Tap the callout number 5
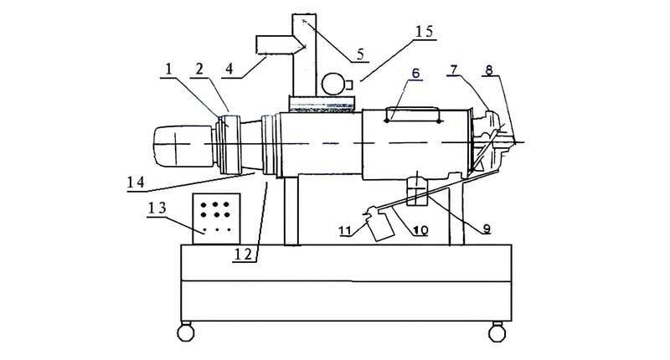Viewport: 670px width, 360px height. click(x=359, y=54)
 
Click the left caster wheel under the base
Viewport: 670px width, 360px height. click(x=186, y=331)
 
